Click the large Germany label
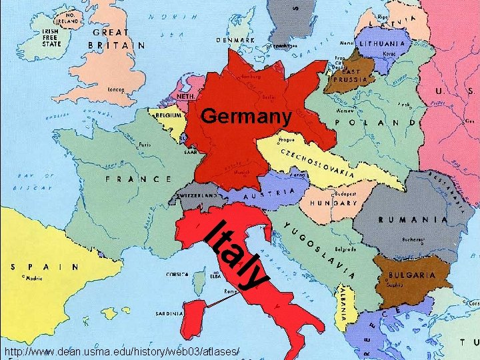[x=246, y=117]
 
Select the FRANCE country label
[x=138, y=179]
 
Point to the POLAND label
[x=379, y=123]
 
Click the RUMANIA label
[x=413, y=219]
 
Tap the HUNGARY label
[x=333, y=202]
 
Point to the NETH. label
[x=186, y=96]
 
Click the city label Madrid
[x=33, y=279]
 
